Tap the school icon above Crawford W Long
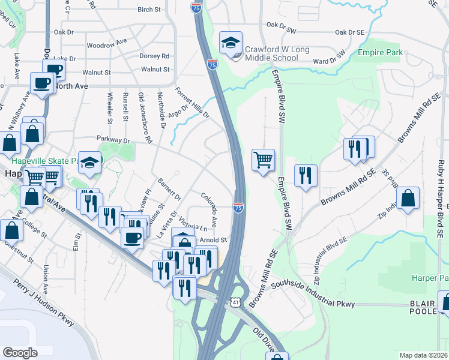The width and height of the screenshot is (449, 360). pyautogui.click(x=231, y=43)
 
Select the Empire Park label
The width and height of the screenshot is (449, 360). pyautogui.click(x=378, y=53)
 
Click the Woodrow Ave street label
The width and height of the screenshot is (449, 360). pyautogui.click(x=107, y=45)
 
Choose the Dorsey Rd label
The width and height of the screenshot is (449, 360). pyautogui.click(x=154, y=56)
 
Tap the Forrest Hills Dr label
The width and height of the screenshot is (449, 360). pyautogui.click(x=192, y=103)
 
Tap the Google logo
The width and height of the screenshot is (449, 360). pyautogui.click(x=20, y=353)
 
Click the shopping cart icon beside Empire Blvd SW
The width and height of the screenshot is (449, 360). pyautogui.click(x=263, y=160)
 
